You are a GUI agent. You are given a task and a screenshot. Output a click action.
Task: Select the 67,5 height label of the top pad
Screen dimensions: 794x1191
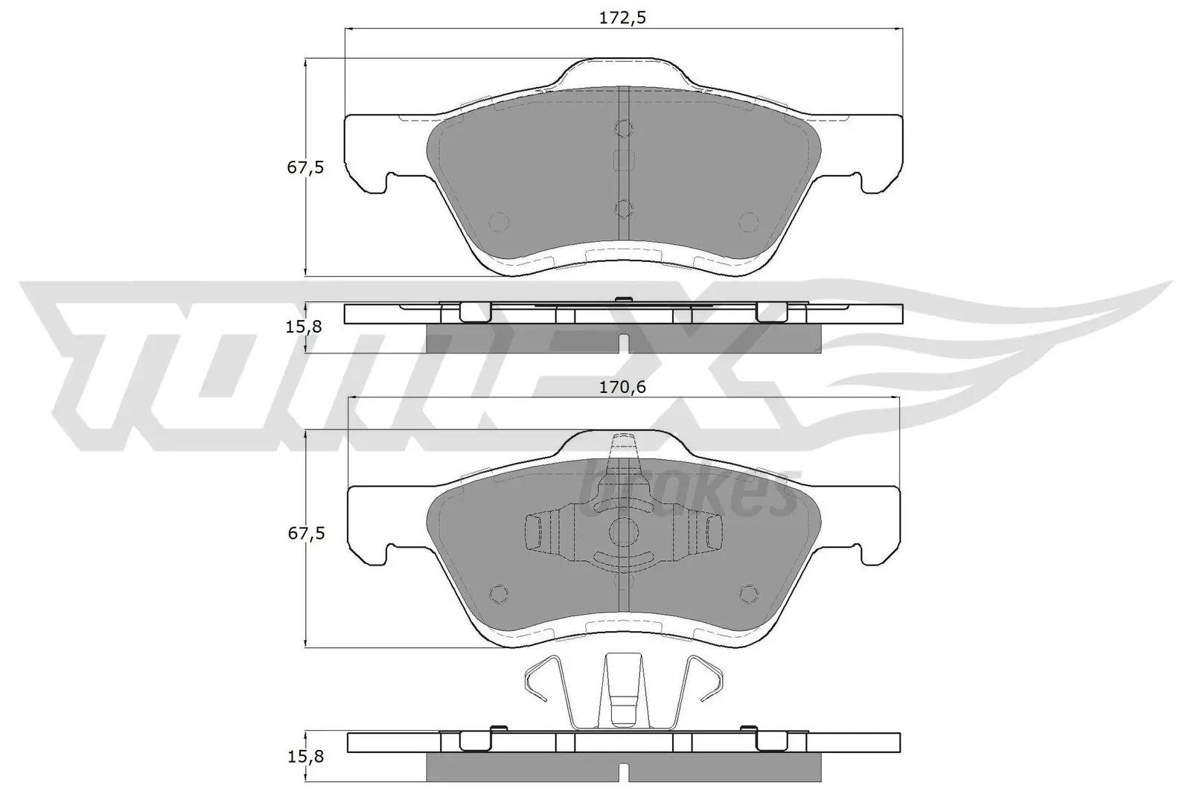pos(306,167)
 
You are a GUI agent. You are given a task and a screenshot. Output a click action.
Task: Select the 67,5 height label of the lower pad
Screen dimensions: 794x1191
pos(306,534)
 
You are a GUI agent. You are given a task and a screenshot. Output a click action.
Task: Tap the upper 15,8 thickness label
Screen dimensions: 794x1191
pos(306,327)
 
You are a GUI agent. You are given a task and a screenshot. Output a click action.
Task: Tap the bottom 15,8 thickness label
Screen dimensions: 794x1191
pos(306,757)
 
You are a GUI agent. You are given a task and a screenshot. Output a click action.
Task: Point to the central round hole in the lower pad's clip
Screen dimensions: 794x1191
pos(624,531)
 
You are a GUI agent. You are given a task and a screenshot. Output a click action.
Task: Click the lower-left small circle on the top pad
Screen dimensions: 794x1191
pos(498,221)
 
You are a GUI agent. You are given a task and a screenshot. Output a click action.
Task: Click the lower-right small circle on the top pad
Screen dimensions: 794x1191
pos(748,221)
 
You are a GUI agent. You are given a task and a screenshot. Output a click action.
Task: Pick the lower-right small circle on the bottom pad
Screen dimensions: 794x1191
pos(748,592)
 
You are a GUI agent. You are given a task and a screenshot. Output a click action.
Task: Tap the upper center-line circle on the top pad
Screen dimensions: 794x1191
pos(624,129)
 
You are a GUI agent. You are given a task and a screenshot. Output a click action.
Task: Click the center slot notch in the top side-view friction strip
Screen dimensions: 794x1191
pos(624,344)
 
